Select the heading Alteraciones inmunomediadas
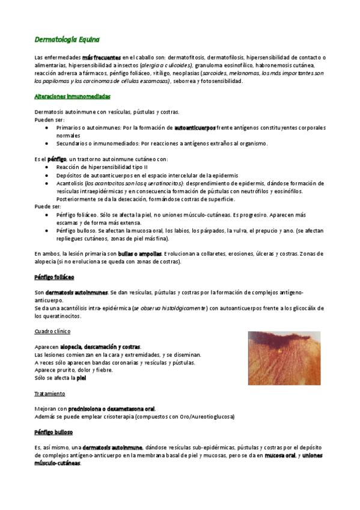[x=72, y=96]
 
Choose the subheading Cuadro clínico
[x=52, y=331]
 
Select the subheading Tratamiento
[x=50, y=393]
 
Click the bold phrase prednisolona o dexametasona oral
[x=111, y=408]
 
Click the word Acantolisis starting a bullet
[x=70, y=182]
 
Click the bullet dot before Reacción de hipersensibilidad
[x=47, y=167]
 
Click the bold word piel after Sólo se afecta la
[x=82, y=378]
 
